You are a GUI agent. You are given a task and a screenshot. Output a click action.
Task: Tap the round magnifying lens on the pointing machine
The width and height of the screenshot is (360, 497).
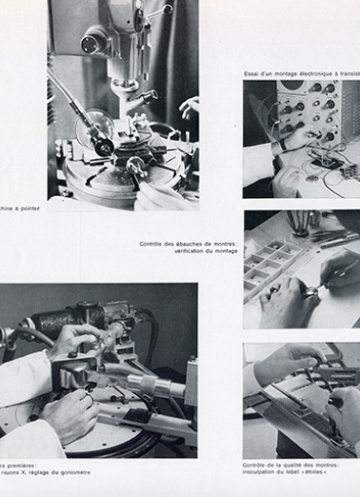coord(101,125)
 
